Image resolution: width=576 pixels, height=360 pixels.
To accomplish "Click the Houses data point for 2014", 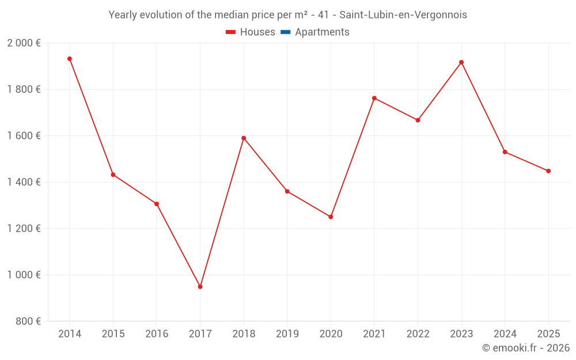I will tap(70, 59).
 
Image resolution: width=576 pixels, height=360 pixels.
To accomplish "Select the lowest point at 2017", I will tap(200, 286).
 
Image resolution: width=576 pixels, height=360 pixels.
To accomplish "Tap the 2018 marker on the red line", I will tap(244, 138).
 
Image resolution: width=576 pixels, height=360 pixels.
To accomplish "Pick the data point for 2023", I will tap(461, 62).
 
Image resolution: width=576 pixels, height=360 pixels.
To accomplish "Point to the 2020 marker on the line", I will tap(331, 217).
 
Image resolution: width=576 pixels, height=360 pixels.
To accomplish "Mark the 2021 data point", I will tap(374, 98).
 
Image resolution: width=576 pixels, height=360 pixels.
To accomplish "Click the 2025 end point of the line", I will tap(548, 171).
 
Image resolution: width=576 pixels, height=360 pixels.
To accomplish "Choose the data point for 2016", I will tap(157, 204).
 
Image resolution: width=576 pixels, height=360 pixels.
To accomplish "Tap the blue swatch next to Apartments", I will tap(285, 32).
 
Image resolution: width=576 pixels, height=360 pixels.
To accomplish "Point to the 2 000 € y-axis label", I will tap(24, 43).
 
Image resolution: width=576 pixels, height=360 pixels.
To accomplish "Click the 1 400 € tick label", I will tap(24, 182).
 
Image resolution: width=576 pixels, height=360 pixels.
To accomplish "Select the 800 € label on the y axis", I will tap(28, 321).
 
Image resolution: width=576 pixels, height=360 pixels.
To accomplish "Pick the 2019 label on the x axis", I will tap(287, 334).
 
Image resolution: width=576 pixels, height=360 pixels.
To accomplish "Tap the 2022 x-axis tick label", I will tap(418, 334).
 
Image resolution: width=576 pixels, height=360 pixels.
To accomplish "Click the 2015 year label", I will tap(113, 334).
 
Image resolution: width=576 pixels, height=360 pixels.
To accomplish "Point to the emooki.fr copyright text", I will tap(525, 348).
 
